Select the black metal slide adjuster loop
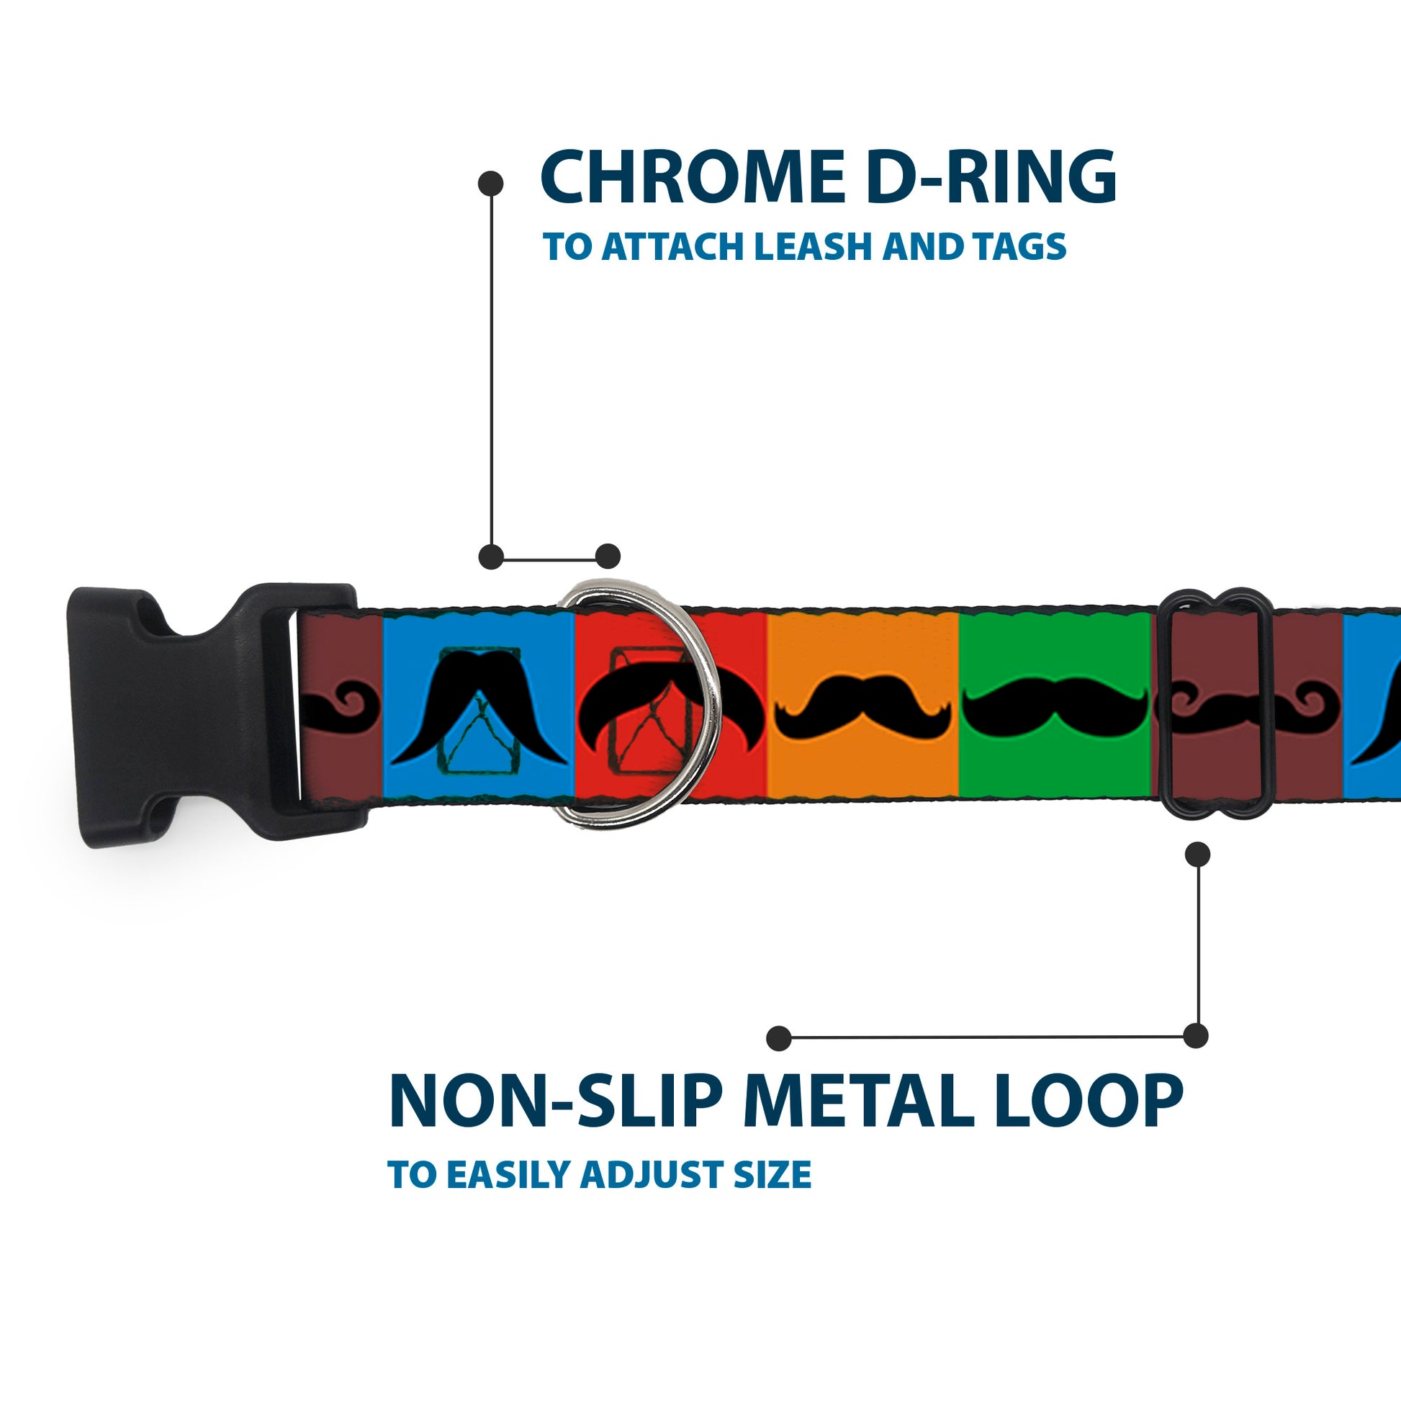(x=1217, y=703)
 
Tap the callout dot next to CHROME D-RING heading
(x=491, y=184)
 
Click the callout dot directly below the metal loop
(x=1197, y=855)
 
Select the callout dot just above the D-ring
(x=608, y=557)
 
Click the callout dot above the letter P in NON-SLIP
(x=779, y=1038)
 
